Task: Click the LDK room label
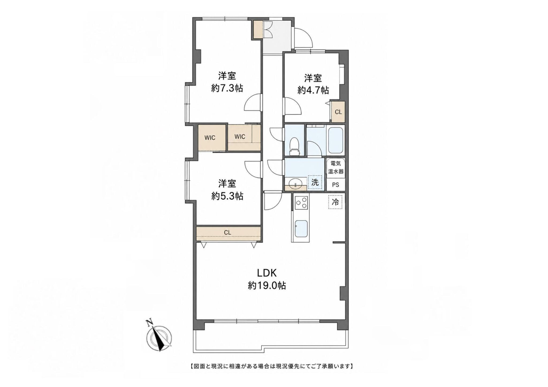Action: pos(267,273)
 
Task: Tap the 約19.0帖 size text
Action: pos(267,286)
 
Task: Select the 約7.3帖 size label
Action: pos(227,88)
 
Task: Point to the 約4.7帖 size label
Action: pos(313,90)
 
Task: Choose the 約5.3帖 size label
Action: pos(227,196)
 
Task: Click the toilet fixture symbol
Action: pos(294,146)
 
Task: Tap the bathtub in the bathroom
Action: pos(336,141)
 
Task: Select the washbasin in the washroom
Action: pos(295,184)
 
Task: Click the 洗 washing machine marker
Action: pos(315,183)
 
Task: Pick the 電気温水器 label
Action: pos(336,168)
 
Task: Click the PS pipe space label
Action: pos(336,185)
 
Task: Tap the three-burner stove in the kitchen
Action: pos(301,203)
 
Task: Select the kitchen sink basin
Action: pos(301,229)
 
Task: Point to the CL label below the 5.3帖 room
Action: pos(227,233)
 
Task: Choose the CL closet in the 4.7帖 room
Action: pos(338,112)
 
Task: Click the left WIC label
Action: pos(210,138)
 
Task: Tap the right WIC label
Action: pos(240,137)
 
